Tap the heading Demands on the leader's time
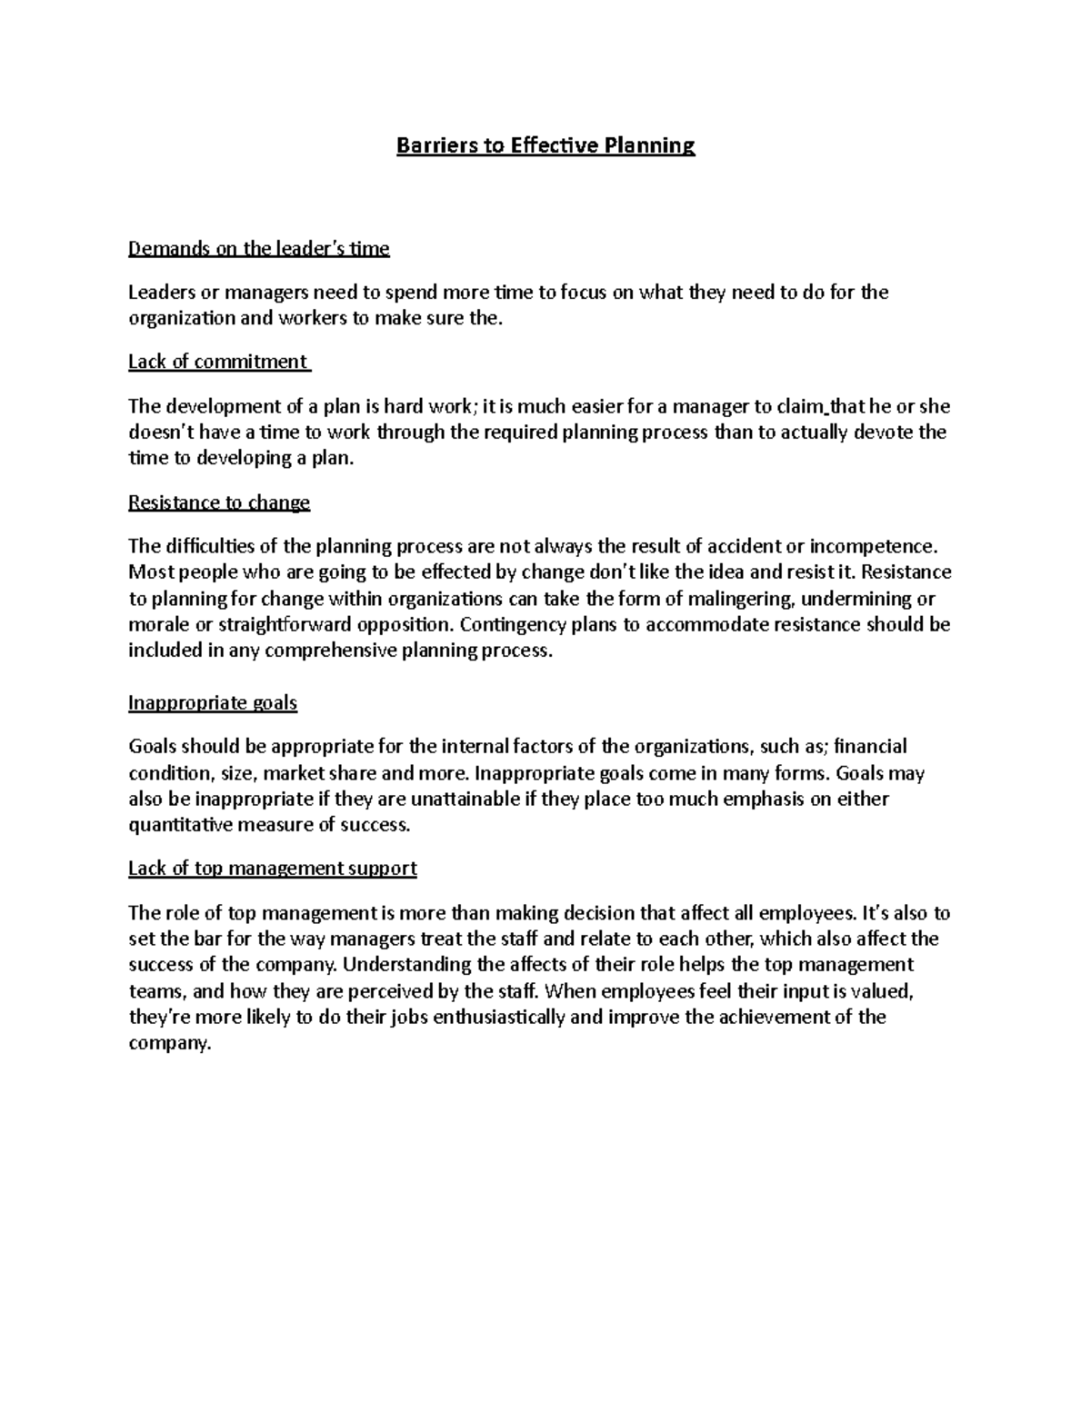tap(258, 248)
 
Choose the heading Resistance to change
tap(219, 502)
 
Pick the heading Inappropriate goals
tap(213, 702)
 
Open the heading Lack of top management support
tap(272, 868)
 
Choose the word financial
tap(870, 747)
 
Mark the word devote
tap(881, 432)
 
